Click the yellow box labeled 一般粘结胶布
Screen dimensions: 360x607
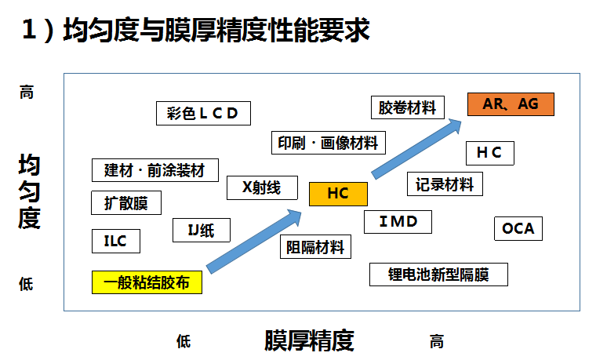click(147, 282)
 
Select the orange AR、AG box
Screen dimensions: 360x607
click(511, 104)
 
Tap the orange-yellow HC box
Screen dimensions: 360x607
click(338, 194)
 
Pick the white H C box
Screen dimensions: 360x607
click(489, 154)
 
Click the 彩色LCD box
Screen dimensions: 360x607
click(203, 113)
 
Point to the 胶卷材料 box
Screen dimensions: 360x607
click(407, 107)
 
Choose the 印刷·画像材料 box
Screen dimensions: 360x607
click(328, 143)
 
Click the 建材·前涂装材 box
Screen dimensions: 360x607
click(154, 170)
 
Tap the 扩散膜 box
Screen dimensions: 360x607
click(126, 202)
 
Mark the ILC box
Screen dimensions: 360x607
click(115, 241)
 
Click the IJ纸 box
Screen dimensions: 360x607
click(202, 230)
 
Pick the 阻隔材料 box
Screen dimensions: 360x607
click(315, 248)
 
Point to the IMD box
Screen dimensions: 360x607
click(398, 221)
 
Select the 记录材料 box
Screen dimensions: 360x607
click(445, 184)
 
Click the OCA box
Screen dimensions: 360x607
click(518, 229)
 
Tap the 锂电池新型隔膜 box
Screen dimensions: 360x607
click(438, 275)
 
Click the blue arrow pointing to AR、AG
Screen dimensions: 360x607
click(416, 149)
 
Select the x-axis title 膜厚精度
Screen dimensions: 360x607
click(309, 341)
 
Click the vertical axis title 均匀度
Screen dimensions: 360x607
click(30, 192)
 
